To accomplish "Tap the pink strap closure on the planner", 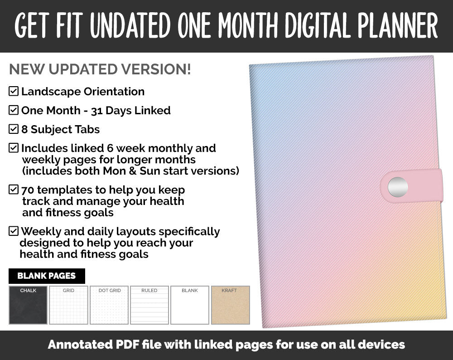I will tap(424, 186).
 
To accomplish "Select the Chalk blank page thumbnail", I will tap(28, 305).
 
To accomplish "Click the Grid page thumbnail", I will tap(68, 305).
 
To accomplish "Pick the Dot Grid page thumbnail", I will tap(109, 305).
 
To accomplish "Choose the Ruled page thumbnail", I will tap(149, 305).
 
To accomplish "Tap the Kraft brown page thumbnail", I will tap(230, 305).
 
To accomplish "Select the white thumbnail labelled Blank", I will tap(190, 305).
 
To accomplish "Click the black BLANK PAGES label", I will tap(47, 276).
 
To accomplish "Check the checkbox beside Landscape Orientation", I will tap(14, 92).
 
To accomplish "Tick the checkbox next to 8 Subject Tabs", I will tap(14, 130).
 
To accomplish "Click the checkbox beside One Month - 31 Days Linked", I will tap(14, 111).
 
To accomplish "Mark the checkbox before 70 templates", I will tap(14, 190).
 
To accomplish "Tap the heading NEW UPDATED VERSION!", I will tap(100, 69).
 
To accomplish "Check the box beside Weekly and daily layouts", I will tap(14, 232).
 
